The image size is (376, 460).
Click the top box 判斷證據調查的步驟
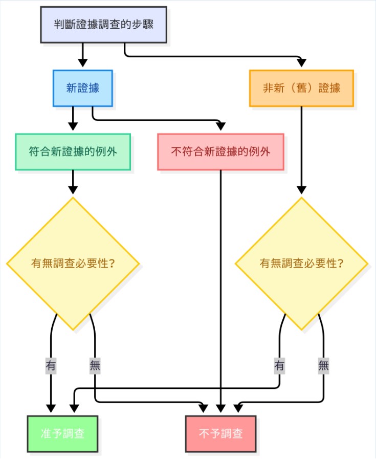click(104, 24)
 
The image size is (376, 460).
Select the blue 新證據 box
click(82, 88)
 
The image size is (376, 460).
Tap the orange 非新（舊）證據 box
click(301, 88)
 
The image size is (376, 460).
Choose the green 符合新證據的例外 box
click(73, 151)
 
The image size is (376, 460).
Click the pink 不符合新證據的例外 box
click(220, 151)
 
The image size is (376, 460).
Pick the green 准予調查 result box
click(62, 434)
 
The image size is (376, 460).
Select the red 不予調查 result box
click(221, 434)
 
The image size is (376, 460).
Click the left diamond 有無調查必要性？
click(73, 264)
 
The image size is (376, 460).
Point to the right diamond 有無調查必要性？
click(301, 264)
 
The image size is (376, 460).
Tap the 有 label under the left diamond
click(51, 366)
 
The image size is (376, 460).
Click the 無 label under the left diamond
click(95, 366)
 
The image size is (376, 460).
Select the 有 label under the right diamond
click(279, 366)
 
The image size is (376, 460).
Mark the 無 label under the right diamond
click(323, 366)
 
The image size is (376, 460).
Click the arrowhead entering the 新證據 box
click(82, 64)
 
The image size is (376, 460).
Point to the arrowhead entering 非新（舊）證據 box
click(301, 64)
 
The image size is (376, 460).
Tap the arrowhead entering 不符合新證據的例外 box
click(220, 127)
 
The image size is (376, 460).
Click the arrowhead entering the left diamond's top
click(73, 190)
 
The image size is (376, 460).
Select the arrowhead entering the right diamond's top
click(301, 190)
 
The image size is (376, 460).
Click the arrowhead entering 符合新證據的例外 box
click(73, 127)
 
